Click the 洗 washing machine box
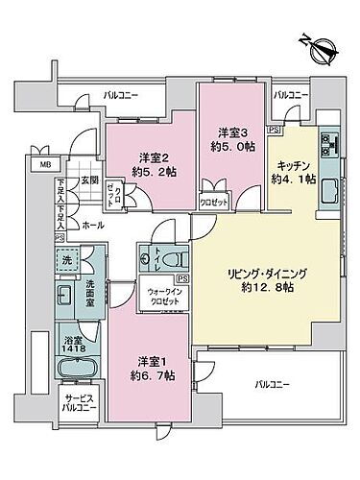coord(66,260)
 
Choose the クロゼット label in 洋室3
coord(212,203)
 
